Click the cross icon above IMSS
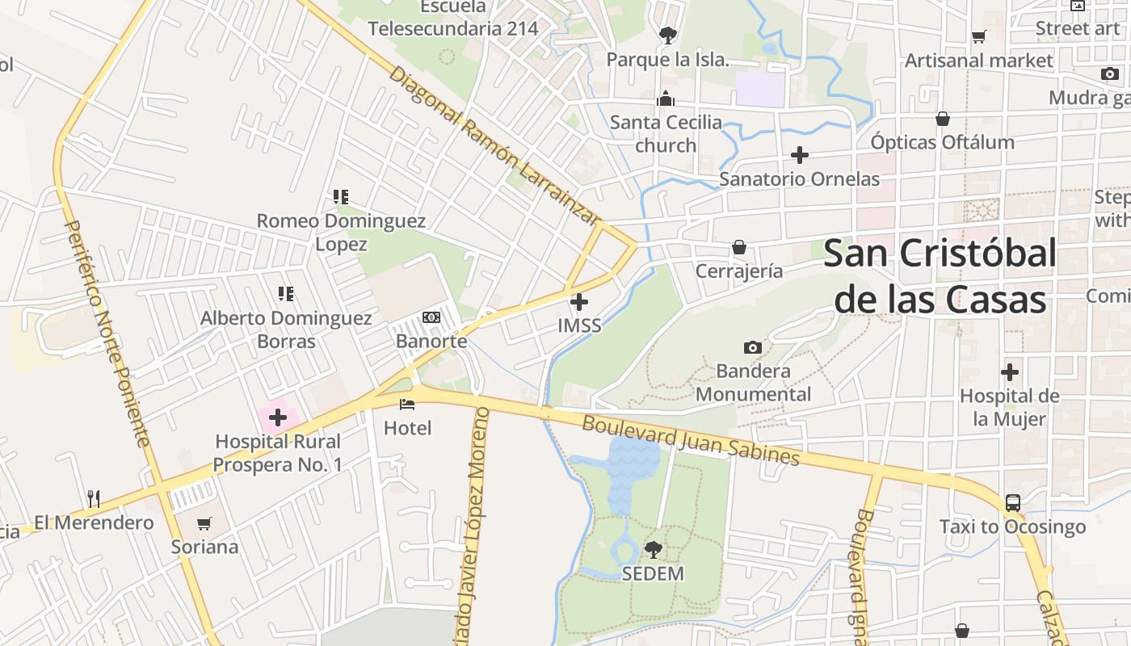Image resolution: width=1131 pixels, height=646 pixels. click(x=579, y=302)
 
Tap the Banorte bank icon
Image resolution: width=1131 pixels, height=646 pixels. click(x=431, y=317)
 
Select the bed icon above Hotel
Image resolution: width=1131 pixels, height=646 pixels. click(x=407, y=404)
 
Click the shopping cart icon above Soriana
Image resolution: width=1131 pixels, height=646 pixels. click(x=204, y=523)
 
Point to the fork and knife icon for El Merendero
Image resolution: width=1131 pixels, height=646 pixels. click(x=94, y=499)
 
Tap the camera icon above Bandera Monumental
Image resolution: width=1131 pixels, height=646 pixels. click(x=753, y=347)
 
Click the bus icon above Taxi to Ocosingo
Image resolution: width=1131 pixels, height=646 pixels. click(x=1012, y=503)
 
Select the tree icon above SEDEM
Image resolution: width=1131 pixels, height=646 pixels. click(x=653, y=550)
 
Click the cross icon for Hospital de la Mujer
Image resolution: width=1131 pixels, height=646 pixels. click(x=1009, y=372)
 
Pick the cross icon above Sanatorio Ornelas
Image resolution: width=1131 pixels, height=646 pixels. click(x=800, y=154)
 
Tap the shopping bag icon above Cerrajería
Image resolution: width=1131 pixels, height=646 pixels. click(x=739, y=247)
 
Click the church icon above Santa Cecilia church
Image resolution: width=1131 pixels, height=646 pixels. click(x=666, y=99)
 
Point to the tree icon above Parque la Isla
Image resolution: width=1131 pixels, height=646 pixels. click(x=667, y=36)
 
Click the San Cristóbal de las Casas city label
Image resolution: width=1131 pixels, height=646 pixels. click(x=940, y=276)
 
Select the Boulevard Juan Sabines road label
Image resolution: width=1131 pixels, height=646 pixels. click(x=691, y=440)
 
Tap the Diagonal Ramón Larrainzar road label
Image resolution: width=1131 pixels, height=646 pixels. click(x=495, y=145)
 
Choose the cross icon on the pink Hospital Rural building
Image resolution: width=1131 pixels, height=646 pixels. click(x=278, y=417)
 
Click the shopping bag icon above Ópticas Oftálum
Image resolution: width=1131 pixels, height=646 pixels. click(x=942, y=119)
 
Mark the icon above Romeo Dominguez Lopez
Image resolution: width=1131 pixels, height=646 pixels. click(x=340, y=196)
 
